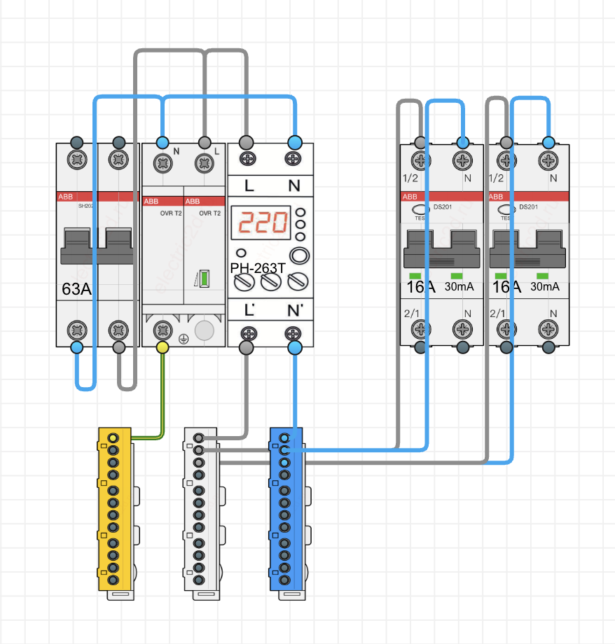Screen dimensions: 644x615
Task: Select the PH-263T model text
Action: [258, 267]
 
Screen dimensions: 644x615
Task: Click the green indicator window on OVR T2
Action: [204, 279]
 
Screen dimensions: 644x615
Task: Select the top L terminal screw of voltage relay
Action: [247, 159]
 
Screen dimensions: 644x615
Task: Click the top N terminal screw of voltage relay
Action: [293, 159]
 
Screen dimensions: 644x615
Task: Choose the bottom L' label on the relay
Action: [249, 309]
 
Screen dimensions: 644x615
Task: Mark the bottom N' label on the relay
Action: [294, 309]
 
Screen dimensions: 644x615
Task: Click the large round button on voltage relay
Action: [299, 255]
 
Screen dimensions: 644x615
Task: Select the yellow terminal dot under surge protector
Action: [163, 346]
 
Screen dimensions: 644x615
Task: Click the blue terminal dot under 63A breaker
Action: [76, 346]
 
